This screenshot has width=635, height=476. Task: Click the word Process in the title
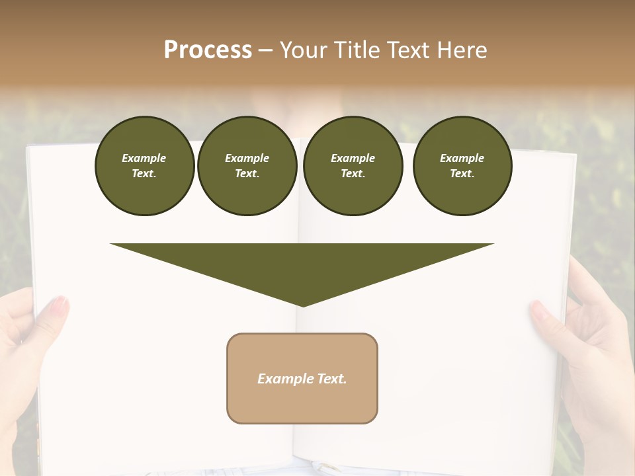[208, 50]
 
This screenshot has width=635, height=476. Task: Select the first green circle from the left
[144, 166]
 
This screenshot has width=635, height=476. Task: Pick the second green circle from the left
[247, 166]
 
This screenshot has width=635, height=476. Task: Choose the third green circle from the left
[353, 166]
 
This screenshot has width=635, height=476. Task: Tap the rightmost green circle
[462, 166]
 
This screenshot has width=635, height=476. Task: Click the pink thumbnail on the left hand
[60, 306]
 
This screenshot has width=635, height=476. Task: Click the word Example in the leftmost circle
[144, 158]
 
